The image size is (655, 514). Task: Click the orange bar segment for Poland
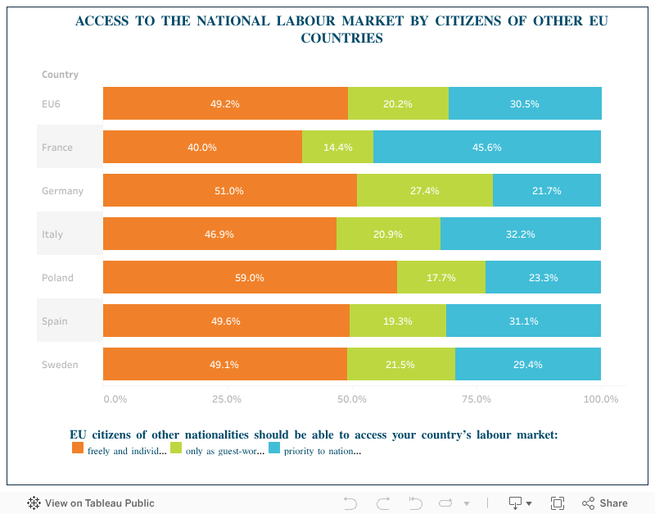point(250,277)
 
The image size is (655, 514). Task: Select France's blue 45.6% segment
point(486,148)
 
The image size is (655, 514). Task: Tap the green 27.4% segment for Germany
point(424,190)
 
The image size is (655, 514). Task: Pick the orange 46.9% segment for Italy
point(219,234)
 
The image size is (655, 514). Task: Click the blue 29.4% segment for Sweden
point(527,364)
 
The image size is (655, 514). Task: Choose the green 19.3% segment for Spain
point(397,321)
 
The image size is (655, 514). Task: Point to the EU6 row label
point(51,104)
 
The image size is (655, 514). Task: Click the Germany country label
point(62,191)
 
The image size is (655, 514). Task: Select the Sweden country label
point(60,365)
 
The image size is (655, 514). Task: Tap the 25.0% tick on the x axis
point(227,399)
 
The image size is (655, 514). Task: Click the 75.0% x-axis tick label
point(477,399)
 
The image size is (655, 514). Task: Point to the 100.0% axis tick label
point(601,399)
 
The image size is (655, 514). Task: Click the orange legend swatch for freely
point(78,448)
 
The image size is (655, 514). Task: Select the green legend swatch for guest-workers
point(176,448)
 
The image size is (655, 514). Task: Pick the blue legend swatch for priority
point(274,448)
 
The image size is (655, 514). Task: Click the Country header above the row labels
point(60,75)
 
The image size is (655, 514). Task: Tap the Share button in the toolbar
point(605,503)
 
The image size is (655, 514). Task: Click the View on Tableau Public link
point(91,503)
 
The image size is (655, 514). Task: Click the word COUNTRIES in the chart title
point(341,38)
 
